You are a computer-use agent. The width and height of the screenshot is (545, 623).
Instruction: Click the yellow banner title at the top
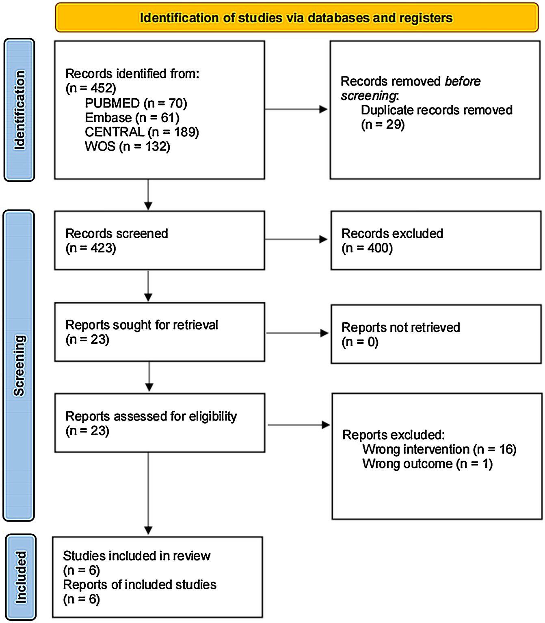tap(296, 18)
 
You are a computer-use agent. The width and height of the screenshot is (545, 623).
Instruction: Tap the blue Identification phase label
tap(19, 110)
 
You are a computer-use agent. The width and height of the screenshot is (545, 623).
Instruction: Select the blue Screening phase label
tap(19, 366)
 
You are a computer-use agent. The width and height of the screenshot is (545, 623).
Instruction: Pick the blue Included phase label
tap(21, 577)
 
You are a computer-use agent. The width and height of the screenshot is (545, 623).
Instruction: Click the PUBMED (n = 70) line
tap(136, 103)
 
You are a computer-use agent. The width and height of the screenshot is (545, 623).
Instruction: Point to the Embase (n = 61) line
tap(132, 118)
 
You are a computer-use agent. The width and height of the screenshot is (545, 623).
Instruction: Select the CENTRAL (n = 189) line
tap(142, 132)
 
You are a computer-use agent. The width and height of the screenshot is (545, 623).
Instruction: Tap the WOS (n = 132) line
tap(128, 147)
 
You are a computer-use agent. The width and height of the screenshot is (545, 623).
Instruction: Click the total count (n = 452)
tap(91, 88)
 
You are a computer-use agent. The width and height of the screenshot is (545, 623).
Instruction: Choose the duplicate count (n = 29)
tap(383, 125)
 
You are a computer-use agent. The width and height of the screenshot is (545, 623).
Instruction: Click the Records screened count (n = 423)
tap(91, 248)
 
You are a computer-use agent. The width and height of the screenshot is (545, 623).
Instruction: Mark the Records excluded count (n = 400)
tap(367, 248)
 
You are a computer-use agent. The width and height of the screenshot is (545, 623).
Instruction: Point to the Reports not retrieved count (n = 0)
tap(360, 342)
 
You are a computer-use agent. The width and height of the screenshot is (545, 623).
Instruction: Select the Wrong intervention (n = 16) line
tap(439, 449)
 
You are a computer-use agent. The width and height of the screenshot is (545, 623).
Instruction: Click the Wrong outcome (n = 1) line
tap(427, 464)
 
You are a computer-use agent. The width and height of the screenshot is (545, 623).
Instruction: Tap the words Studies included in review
tap(136, 556)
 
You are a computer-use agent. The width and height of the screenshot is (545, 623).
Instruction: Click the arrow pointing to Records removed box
tap(296, 109)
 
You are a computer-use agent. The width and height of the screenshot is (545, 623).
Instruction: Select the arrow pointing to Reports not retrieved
tap(297, 333)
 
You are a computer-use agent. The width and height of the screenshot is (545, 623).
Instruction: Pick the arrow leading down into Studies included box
tap(148, 493)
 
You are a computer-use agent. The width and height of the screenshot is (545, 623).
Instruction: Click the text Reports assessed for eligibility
tap(151, 416)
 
